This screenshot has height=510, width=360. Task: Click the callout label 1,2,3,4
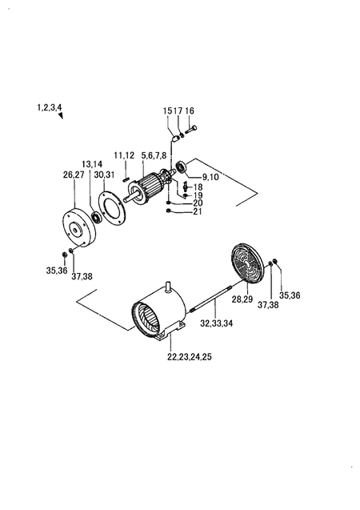(50, 107)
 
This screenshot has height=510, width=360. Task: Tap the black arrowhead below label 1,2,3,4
(61, 116)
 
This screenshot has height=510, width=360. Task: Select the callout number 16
(190, 111)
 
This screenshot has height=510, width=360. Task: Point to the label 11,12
(124, 155)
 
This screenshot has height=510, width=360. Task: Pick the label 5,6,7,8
(154, 156)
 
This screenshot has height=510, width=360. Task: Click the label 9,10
(210, 177)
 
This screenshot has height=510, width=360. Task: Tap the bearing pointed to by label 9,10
(181, 167)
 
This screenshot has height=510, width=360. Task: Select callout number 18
(198, 187)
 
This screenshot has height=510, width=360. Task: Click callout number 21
(198, 211)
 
